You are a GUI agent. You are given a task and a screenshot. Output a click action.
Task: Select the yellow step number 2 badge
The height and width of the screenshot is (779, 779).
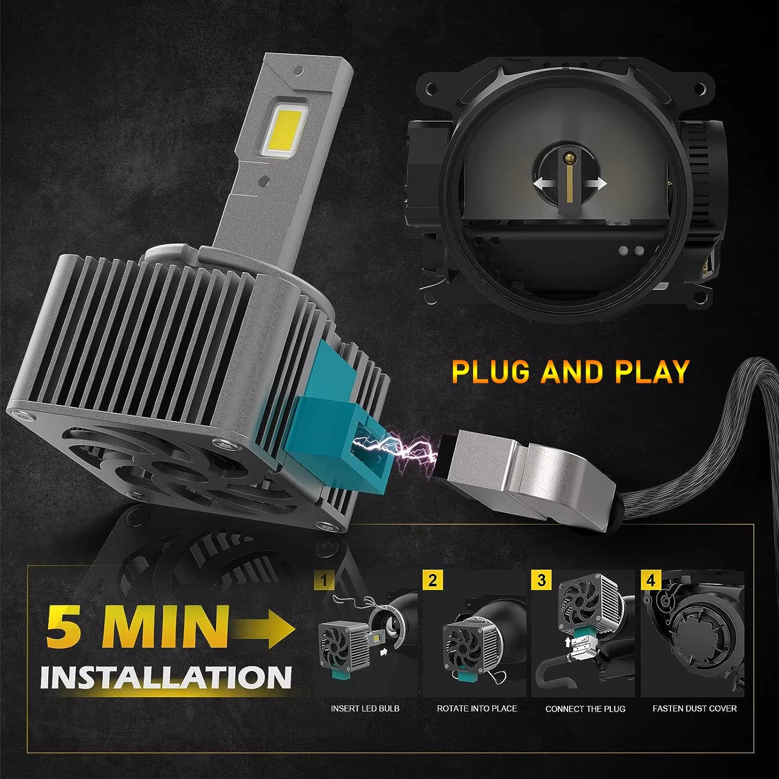pyautogui.click(x=433, y=579)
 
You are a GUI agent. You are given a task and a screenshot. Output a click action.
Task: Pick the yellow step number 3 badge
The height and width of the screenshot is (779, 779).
pyautogui.click(x=542, y=579)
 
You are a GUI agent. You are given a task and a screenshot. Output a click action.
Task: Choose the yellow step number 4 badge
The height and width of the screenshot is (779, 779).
pyautogui.click(x=651, y=579)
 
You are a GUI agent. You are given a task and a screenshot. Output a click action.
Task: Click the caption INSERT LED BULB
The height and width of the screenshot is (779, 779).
pyautogui.click(x=365, y=708)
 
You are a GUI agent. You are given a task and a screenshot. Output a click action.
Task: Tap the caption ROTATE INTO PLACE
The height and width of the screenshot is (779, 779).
pyautogui.click(x=477, y=708)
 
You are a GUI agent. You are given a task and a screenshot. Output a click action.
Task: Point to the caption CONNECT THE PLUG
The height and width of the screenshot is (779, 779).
pyautogui.click(x=585, y=708)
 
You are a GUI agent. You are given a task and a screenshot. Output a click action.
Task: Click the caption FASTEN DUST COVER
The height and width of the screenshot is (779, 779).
pyautogui.click(x=694, y=708)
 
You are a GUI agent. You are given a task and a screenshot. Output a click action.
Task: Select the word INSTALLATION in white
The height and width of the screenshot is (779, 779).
pyautogui.click(x=165, y=677)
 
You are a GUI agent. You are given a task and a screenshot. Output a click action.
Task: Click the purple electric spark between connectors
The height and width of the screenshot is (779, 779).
pyautogui.click(x=395, y=447)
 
